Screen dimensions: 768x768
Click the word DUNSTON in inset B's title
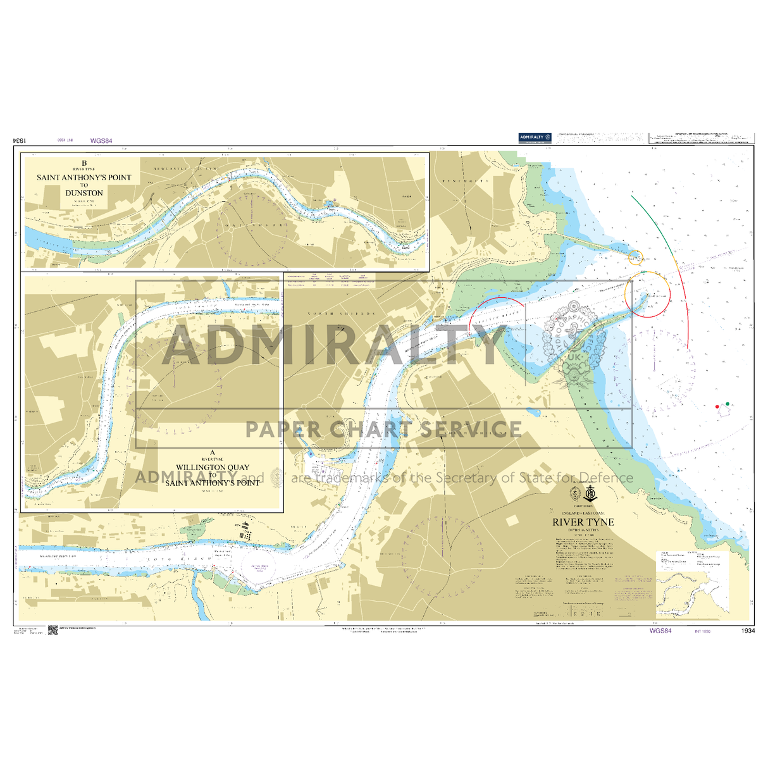84,193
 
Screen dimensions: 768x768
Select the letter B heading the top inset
84,163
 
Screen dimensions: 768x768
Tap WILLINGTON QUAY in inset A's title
213,468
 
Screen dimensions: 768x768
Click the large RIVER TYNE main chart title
583,522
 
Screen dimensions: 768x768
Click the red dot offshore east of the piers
717,406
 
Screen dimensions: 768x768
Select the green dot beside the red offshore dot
728,404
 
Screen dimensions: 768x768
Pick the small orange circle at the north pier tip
636,257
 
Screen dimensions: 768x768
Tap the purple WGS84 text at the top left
101,141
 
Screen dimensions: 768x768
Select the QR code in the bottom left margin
53,630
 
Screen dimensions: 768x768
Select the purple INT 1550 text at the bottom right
703,631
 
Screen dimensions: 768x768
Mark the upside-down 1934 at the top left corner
18,141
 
